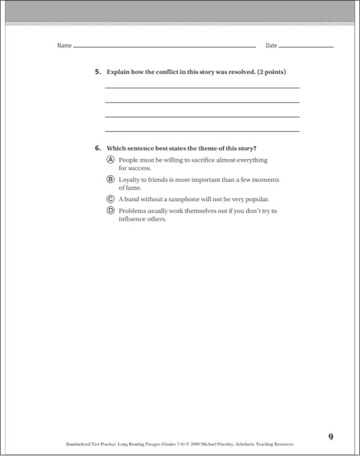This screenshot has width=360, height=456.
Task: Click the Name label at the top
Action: [x=64, y=46]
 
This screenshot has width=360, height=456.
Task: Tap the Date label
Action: [x=271, y=46]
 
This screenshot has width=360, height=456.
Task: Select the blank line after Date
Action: [x=306, y=47]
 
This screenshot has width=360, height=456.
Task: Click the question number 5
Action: [x=97, y=72]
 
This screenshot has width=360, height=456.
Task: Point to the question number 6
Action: [x=97, y=148]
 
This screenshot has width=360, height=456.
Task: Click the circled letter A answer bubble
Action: [x=111, y=160]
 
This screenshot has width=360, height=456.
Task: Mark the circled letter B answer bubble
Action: [x=111, y=179]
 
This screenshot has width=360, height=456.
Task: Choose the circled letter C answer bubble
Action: [x=111, y=199]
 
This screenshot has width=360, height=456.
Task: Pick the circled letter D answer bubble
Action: [x=111, y=211]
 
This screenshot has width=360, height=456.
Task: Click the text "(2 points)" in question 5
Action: [x=271, y=72]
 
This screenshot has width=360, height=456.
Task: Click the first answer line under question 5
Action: [x=202, y=88]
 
